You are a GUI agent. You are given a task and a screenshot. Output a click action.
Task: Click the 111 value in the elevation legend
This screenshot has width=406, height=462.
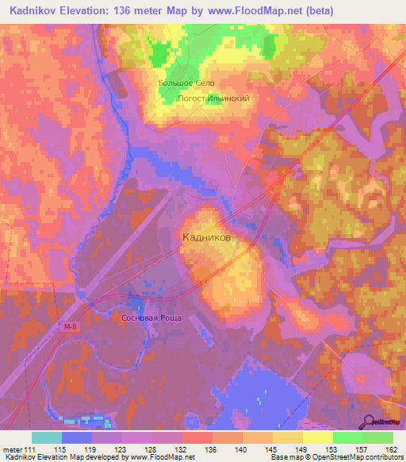[x=29, y=449]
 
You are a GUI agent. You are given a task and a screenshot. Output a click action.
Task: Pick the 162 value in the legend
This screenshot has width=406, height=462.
[x=393, y=449]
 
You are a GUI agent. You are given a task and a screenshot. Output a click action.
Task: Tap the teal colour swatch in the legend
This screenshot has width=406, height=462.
[x=47, y=437]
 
